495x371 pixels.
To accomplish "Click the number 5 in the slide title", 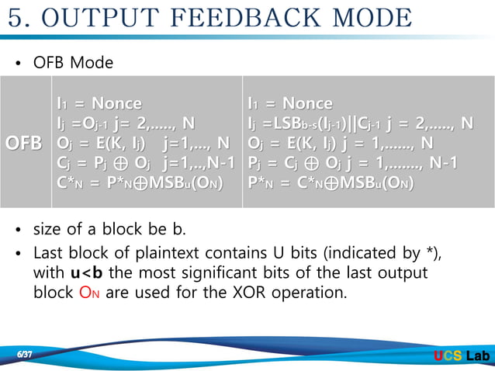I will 18,18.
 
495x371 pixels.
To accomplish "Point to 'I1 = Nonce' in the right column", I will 289,103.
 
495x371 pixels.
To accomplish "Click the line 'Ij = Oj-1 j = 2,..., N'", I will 126,123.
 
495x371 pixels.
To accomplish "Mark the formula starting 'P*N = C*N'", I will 331,184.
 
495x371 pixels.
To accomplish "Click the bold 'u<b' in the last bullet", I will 87,274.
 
